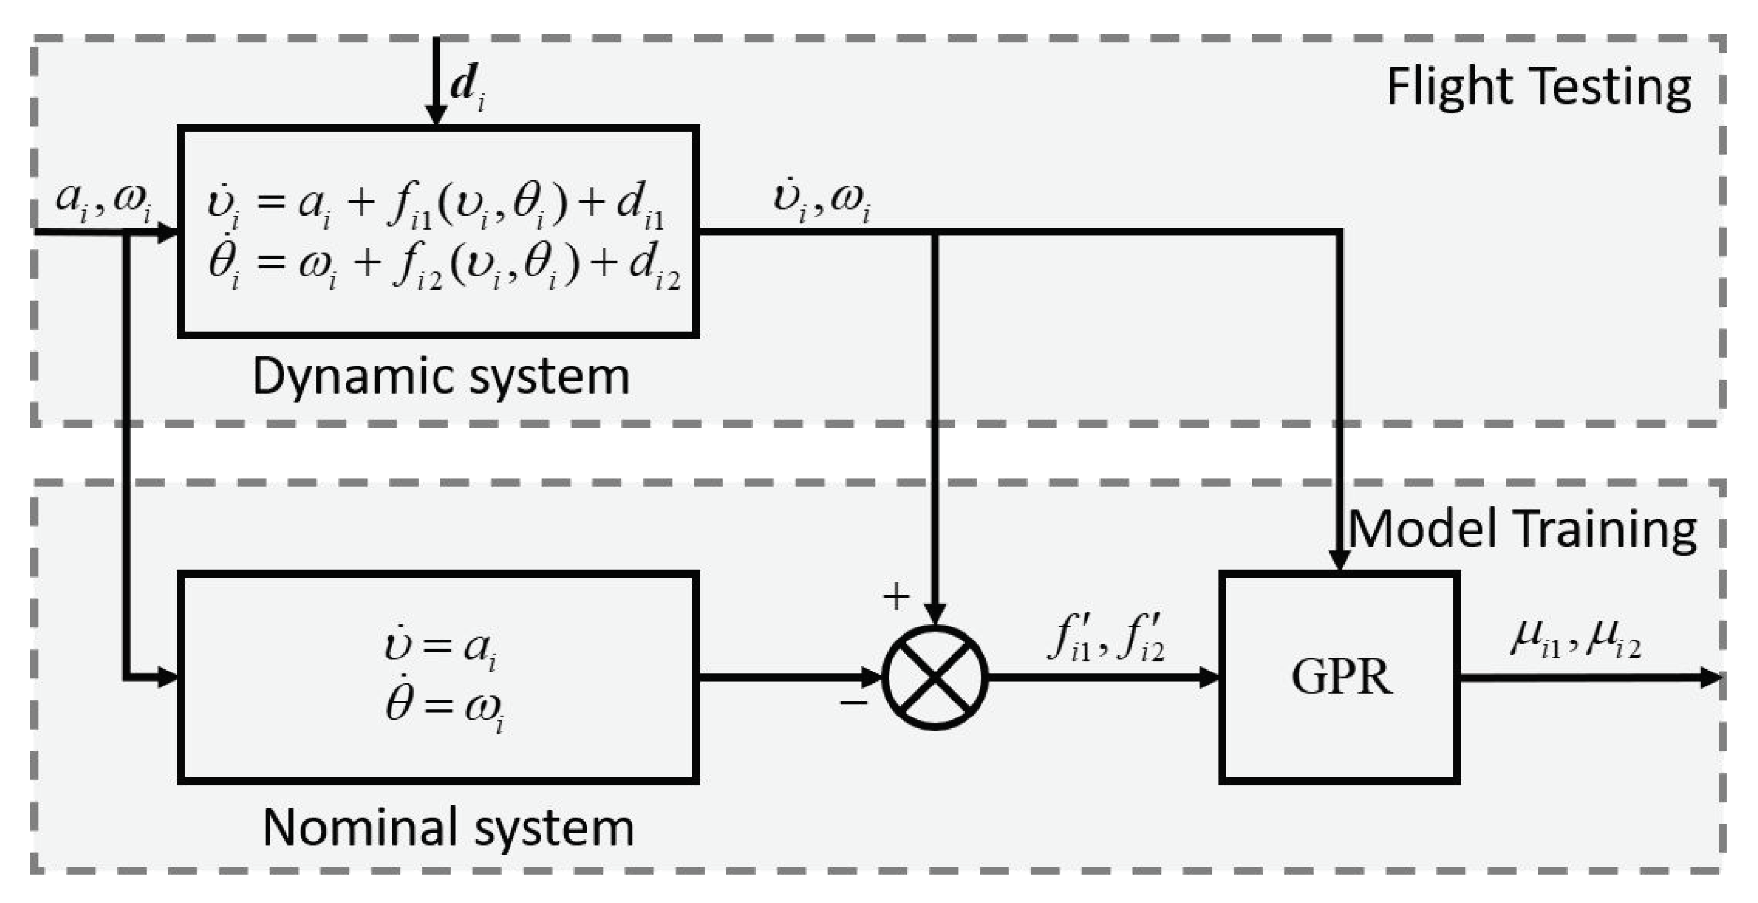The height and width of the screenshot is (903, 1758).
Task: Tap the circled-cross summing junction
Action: (934, 677)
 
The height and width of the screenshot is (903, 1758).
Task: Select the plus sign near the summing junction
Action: (896, 596)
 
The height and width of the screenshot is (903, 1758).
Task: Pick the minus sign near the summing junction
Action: (853, 702)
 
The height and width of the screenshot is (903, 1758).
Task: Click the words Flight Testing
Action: (1538, 89)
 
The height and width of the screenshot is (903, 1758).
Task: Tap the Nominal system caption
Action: (448, 828)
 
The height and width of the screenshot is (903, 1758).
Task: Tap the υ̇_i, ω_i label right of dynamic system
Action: (821, 202)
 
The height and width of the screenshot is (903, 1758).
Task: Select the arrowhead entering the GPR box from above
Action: (1339, 560)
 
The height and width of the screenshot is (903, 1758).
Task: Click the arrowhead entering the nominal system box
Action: (167, 677)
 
